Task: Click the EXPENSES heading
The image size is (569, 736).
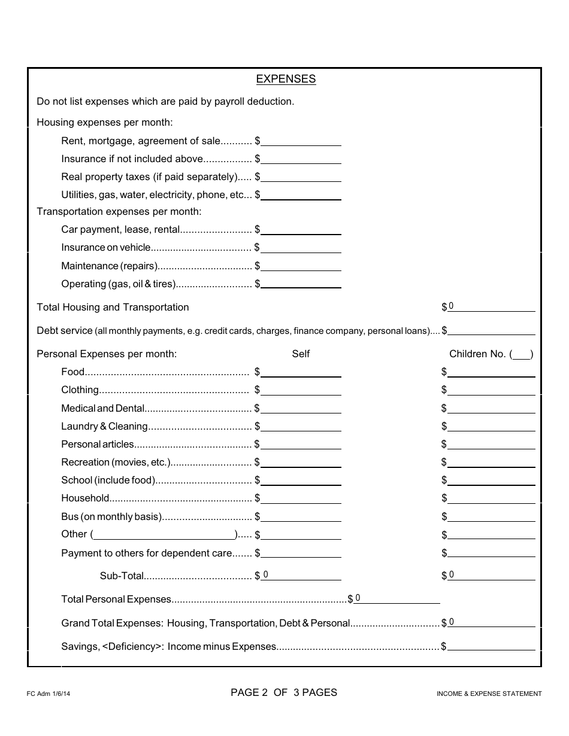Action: (x=286, y=79)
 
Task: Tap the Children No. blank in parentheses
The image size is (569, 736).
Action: (x=522, y=354)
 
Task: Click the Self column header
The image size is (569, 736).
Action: (x=301, y=354)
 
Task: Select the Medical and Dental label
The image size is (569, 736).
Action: (x=102, y=408)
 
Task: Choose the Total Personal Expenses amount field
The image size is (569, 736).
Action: (x=398, y=598)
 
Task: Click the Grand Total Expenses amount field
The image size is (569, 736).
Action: (x=491, y=622)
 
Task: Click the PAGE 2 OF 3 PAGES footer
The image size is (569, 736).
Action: (x=284, y=692)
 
